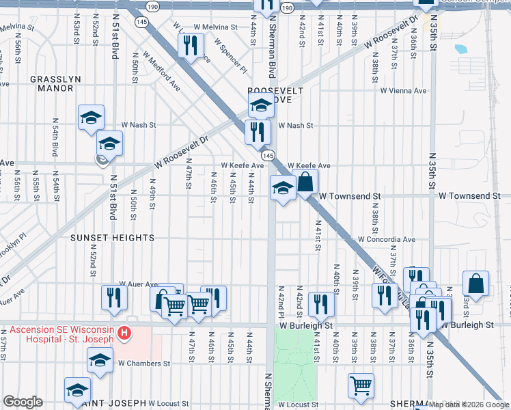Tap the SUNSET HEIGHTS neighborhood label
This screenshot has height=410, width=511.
tap(112, 238)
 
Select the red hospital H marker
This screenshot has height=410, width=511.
tap(124, 333)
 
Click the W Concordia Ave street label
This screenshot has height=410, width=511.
tap(387, 240)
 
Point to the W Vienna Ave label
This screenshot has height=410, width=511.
tap(403, 90)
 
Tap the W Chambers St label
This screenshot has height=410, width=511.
tap(143, 364)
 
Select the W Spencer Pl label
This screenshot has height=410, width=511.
tap(230, 55)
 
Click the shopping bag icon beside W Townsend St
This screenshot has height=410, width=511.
tap(306, 182)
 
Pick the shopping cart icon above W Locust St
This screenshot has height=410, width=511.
tap(360, 385)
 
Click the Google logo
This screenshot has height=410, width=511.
tap(23, 402)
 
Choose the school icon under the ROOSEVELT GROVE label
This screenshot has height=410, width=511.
tap(260, 107)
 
